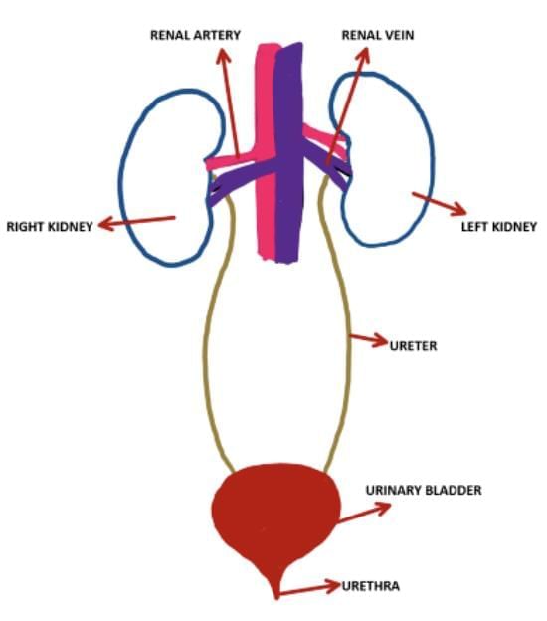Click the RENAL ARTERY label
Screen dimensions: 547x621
(195, 35)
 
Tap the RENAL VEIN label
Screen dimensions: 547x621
(378, 35)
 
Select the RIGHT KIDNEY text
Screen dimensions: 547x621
(50, 227)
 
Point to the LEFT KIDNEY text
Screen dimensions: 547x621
(499, 227)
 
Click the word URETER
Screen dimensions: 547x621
(413, 346)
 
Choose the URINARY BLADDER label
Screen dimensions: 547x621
(424, 490)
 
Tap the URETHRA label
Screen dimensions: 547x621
(371, 586)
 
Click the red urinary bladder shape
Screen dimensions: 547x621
(275, 515)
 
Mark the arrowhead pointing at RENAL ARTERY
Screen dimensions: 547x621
(223, 56)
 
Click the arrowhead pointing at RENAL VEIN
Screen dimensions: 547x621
(363, 55)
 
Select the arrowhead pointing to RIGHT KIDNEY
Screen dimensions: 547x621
(106, 225)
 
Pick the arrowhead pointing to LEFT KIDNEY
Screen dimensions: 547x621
(459, 208)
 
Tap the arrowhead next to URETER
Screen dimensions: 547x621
(380, 340)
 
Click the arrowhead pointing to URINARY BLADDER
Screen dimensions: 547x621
(382, 507)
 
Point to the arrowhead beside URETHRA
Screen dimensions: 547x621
(333, 585)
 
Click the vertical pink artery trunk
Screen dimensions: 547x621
(266, 150)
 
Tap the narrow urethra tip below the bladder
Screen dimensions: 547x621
(276, 590)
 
